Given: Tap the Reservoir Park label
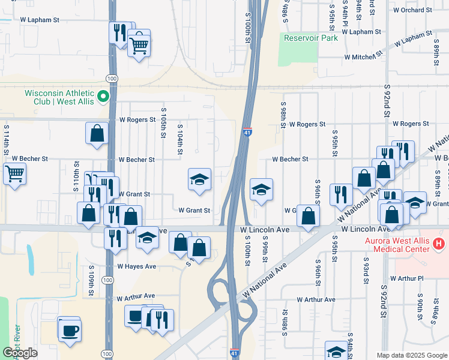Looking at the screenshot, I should point(311,38).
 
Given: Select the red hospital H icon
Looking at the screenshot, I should point(439,243).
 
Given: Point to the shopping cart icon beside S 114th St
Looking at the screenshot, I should point(15,175).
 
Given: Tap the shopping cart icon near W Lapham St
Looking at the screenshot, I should point(139,44).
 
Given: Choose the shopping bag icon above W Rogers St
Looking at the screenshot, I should point(97,133).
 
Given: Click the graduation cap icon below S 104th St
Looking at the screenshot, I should point(199,179).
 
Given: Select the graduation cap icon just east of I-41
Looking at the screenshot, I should point(261,190).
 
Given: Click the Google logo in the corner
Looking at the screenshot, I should point(20,353).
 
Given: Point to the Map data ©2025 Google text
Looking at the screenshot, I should point(411,355).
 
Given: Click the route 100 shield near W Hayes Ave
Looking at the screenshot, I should point(107,280).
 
